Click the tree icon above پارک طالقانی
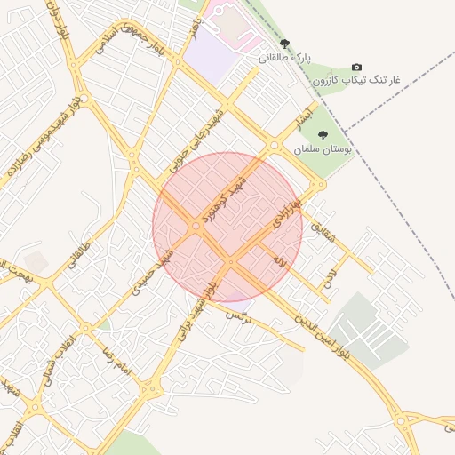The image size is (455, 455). [284, 43]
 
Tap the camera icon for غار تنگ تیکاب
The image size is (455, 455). [357, 68]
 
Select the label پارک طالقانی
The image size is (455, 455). [286, 57]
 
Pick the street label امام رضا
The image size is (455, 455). [116, 355]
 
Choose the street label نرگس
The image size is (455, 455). [236, 314]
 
